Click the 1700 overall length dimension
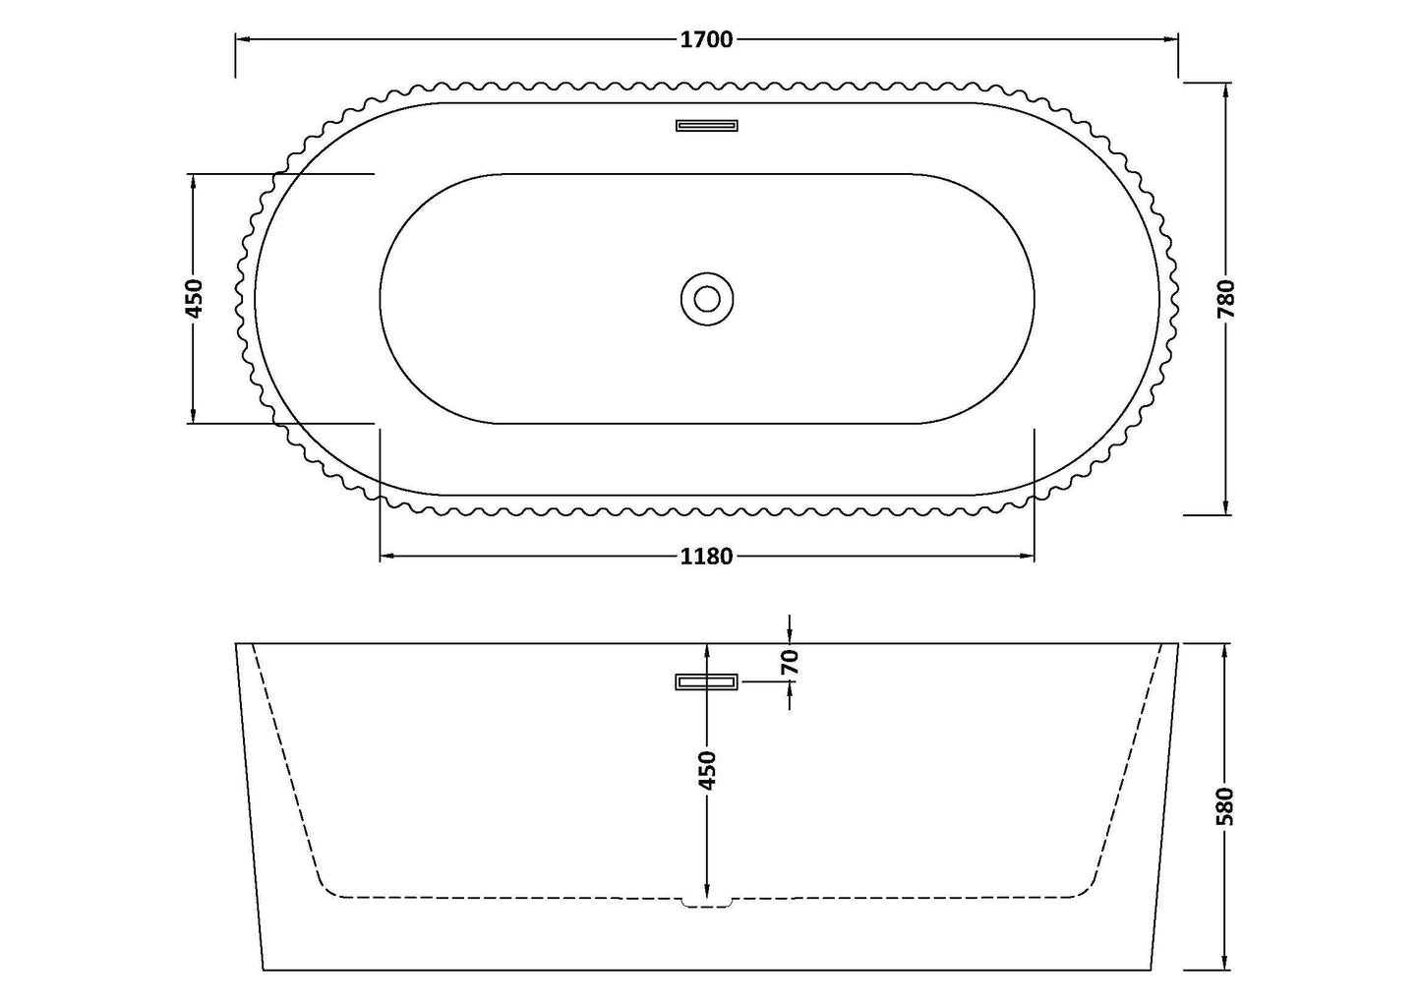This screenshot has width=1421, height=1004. pyautogui.click(x=706, y=39)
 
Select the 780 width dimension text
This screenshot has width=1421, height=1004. pyautogui.click(x=1225, y=299)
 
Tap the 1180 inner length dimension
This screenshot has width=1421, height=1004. pyautogui.click(x=706, y=557)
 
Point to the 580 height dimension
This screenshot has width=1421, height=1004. pyautogui.click(x=1225, y=805)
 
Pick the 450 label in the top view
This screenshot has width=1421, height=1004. pyautogui.click(x=194, y=298)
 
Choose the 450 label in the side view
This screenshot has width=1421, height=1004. pyautogui.click(x=707, y=770)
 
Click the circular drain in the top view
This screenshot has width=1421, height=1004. pyautogui.click(x=706, y=298)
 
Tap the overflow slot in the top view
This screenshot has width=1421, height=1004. pyautogui.click(x=706, y=125)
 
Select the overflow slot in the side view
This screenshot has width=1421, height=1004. pyautogui.click(x=706, y=681)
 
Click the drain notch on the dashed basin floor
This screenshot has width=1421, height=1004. pyautogui.click(x=706, y=901)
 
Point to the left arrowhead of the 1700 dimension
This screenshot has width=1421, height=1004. pyautogui.click(x=242, y=39)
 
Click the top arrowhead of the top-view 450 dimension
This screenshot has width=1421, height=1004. pyautogui.click(x=194, y=181)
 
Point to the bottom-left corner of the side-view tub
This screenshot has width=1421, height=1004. pyautogui.click(x=264, y=969)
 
